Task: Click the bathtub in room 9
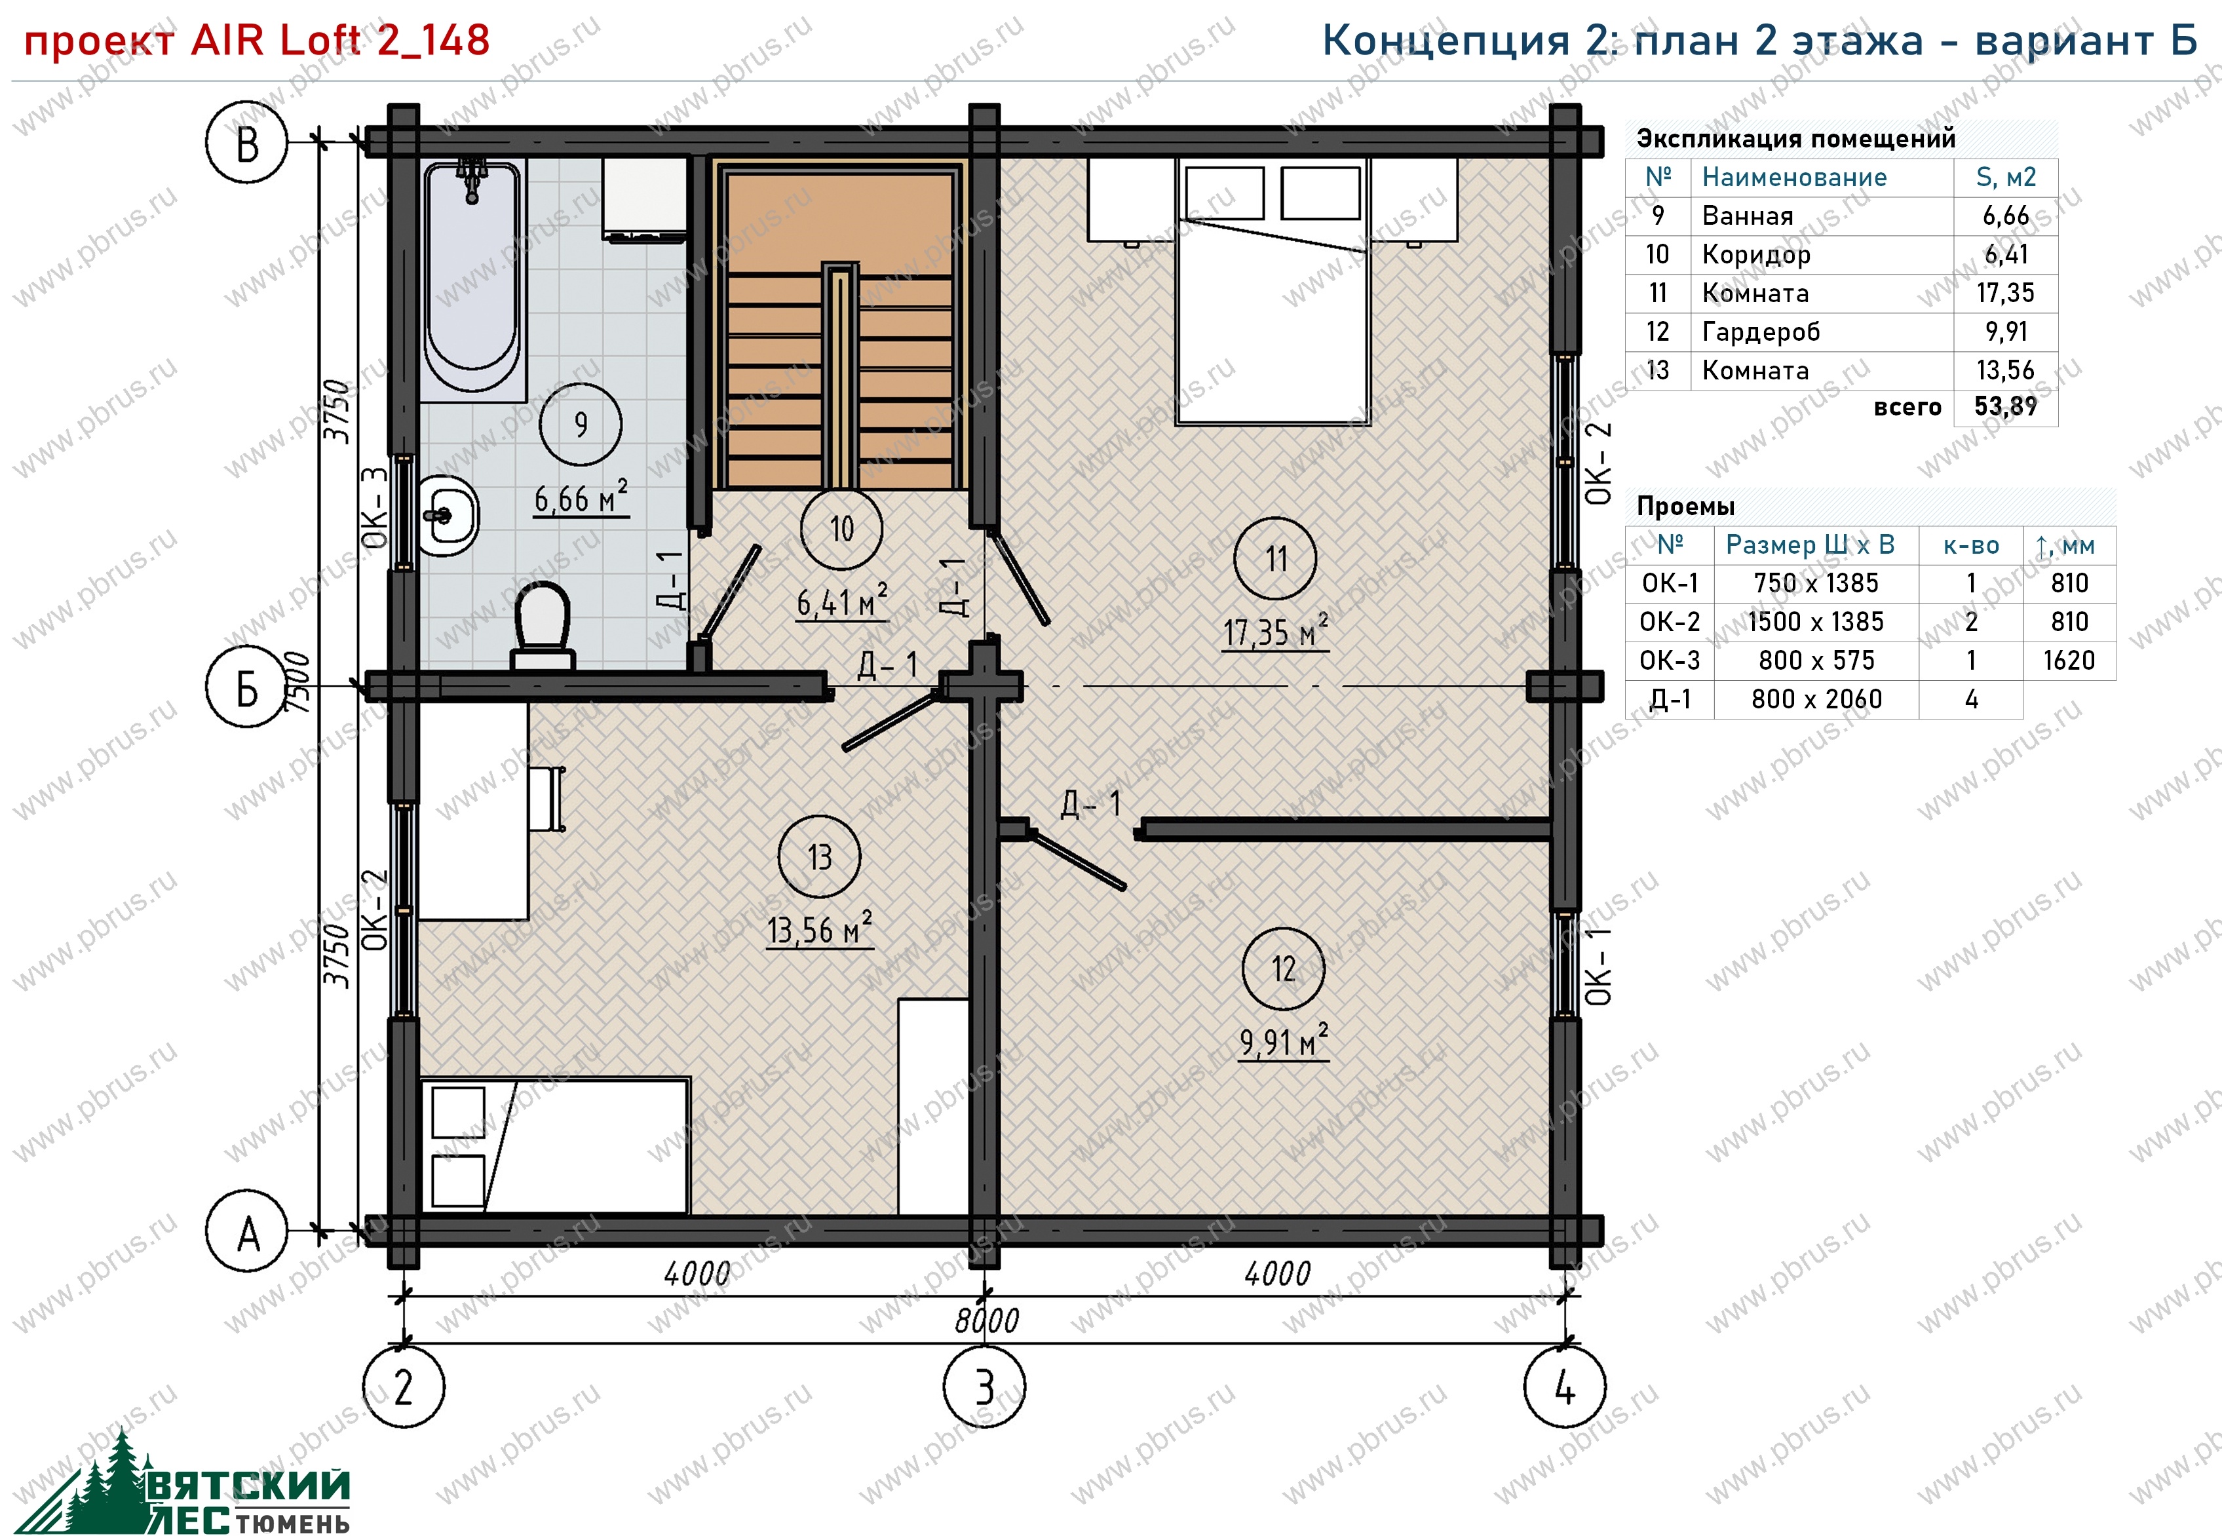tap(472, 279)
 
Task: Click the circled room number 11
tap(1275, 559)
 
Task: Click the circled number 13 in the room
tap(820, 856)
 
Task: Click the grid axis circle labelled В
tap(246, 142)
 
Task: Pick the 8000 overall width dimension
tap(986, 1320)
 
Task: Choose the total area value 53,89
tap(2006, 406)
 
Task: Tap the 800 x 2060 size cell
tap(1816, 699)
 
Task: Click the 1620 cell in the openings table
tap(2069, 661)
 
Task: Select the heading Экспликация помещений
tap(1795, 138)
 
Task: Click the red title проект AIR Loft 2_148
tap(257, 41)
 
